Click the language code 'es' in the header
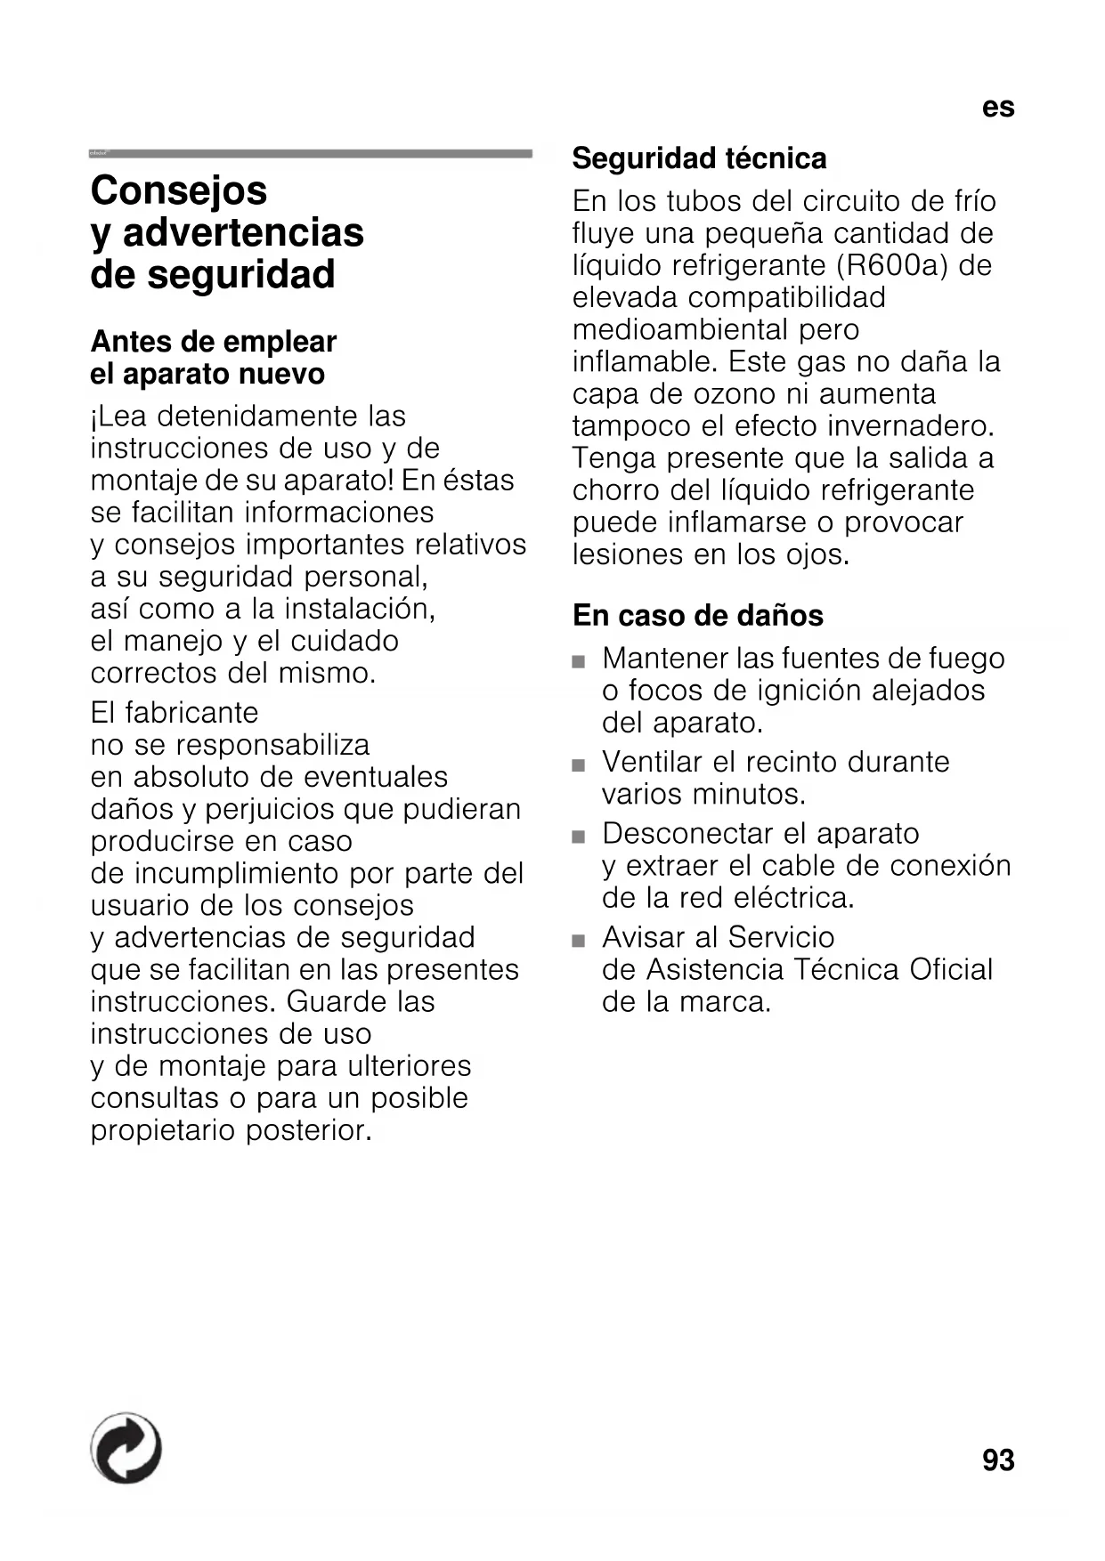[998, 108]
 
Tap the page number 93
[998, 1460]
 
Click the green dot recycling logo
[126, 1448]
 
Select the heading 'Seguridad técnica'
[699, 158]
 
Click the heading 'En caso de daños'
[698, 615]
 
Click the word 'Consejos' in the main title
[179, 190]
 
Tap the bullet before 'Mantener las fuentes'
[579, 662]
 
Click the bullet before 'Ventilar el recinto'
[579, 765]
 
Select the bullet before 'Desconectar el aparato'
[579, 837]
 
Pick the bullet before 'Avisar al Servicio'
[579, 941]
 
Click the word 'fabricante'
[191, 713]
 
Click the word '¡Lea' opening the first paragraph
[119, 417]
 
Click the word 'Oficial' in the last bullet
[950, 969]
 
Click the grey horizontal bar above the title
[311, 154]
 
